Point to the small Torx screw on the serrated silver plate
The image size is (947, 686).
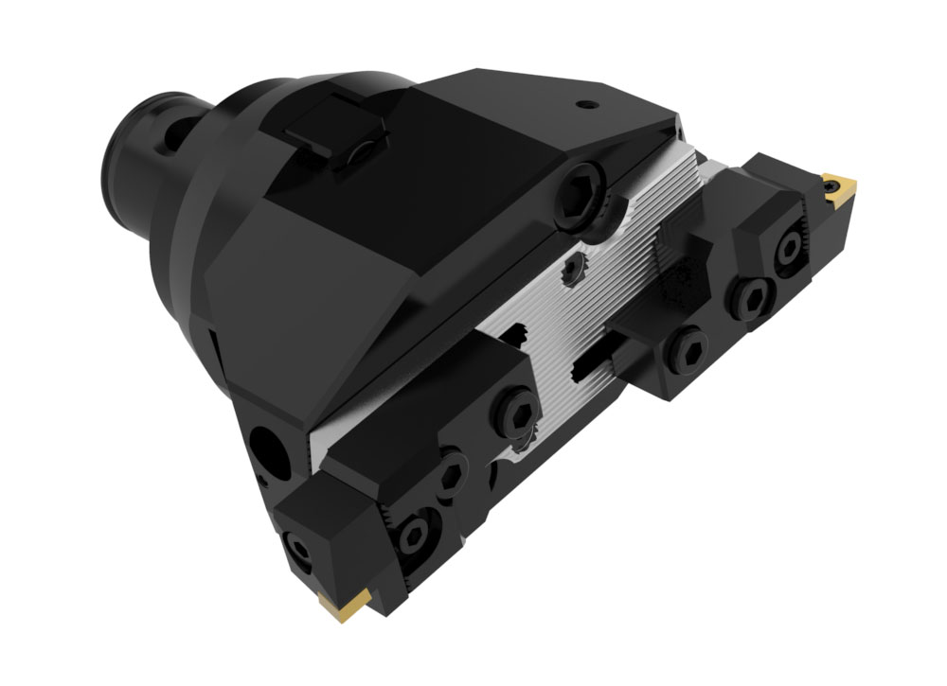(x=571, y=271)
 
